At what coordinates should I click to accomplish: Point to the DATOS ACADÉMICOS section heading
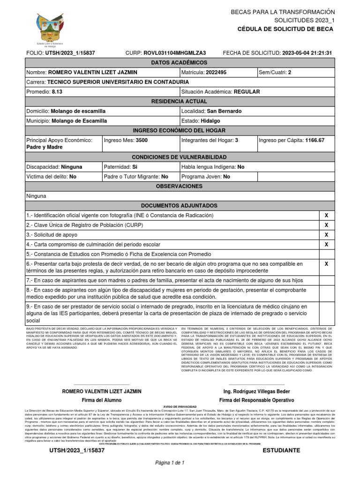point(180,63)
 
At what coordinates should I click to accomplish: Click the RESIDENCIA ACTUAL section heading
point(180,102)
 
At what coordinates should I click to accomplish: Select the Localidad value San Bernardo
point(225,111)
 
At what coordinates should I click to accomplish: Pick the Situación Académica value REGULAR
point(247,92)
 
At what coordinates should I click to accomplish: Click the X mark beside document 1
point(326,215)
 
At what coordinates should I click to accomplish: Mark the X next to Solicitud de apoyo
point(326,234)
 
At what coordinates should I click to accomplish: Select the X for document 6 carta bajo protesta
point(326,264)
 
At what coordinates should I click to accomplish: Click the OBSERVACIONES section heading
point(180,186)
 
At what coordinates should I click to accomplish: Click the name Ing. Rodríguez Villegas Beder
point(256,391)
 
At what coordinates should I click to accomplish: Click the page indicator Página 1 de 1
point(171,463)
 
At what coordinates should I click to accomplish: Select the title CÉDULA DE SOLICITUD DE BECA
point(285,29)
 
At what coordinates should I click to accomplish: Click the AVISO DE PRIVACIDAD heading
point(180,407)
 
